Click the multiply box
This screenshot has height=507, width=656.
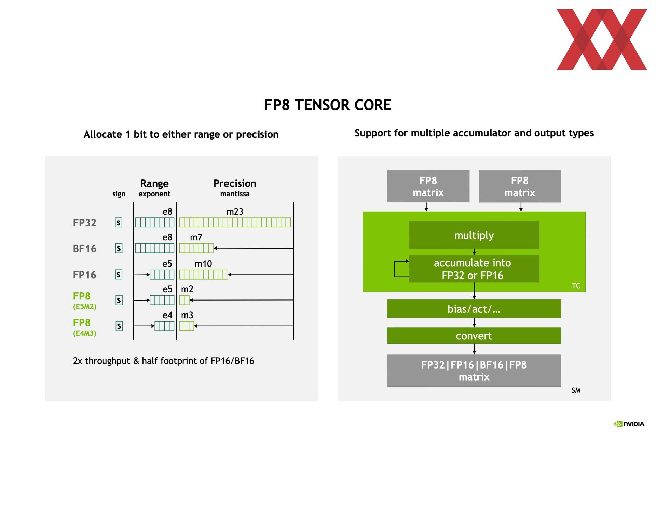pyautogui.click(x=474, y=235)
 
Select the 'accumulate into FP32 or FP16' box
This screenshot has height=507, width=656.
pyautogui.click(x=474, y=269)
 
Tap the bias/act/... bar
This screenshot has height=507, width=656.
pyautogui.click(x=474, y=309)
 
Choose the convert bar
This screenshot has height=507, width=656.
pyautogui.click(x=474, y=336)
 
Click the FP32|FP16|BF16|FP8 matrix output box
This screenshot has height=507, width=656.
pyautogui.click(x=474, y=371)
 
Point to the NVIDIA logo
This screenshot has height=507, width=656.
pyautogui.click(x=629, y=424)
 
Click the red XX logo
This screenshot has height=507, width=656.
pyautogui.click(x=602, y=40)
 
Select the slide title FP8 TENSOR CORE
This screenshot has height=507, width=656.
pyautogui.click(x=328, y=105)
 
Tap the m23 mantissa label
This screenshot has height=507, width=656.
pyautogui.click(x=235, y=212)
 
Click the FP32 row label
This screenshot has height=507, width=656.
pyautogui.click(x=84, y=223)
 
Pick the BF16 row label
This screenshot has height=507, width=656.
pyautogui.click(x=84, y=249)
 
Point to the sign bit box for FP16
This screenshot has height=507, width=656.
pyautogui.click(x=119, y=275)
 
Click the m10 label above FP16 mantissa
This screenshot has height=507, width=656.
pyautogui.click(x=203, y=264)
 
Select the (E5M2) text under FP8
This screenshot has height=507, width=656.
pyautogui.click(x=85, y=306)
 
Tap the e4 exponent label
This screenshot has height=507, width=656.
pyautogui.click(x=167, y=315)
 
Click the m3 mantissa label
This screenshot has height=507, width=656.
pyautogui.click(x=187, y=315)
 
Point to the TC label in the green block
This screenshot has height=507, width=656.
pyautogui.click(x=576, y=286)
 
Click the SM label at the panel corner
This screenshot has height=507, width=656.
pyautogui.click(x=576, y=390)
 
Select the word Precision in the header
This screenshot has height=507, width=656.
pyautogui.click(x=235, y=184)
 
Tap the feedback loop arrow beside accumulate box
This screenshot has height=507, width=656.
pyautogui.click(x=394, y=269)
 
